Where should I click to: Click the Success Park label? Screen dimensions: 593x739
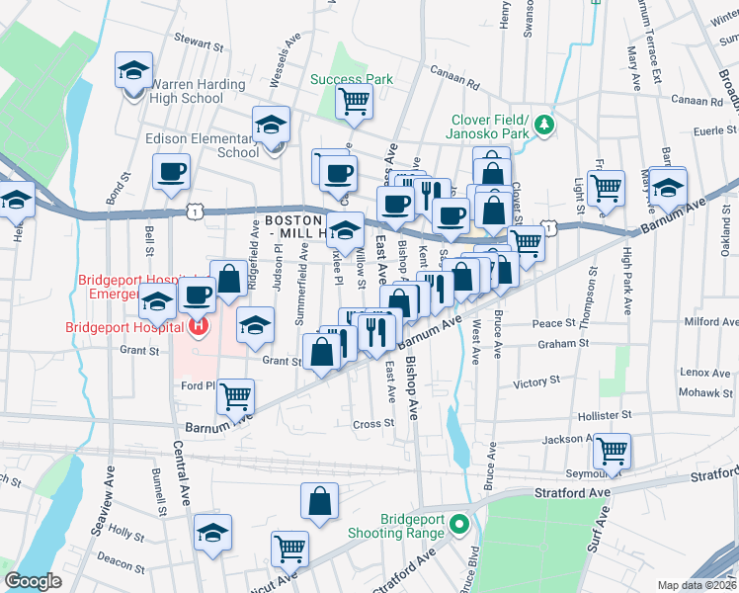coord(352,80)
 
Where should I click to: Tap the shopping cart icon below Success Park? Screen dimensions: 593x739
coord(354,101)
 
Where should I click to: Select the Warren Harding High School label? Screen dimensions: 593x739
coord(198,91)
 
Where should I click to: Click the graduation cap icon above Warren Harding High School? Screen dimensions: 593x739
coord(133,70)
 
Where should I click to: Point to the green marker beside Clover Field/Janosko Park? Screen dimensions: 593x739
coord(543,125)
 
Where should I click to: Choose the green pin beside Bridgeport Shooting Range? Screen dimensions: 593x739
coord(457,524)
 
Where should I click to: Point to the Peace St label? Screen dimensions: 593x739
coord(553,323)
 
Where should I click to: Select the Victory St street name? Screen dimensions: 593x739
coord(536,381)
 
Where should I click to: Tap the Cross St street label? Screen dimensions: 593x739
coord(373,423)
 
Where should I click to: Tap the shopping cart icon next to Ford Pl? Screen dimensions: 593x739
coord(236,397)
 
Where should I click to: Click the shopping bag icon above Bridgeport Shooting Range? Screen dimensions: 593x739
coord(320,501)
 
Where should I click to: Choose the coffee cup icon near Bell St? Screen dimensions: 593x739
coord(171,171)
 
